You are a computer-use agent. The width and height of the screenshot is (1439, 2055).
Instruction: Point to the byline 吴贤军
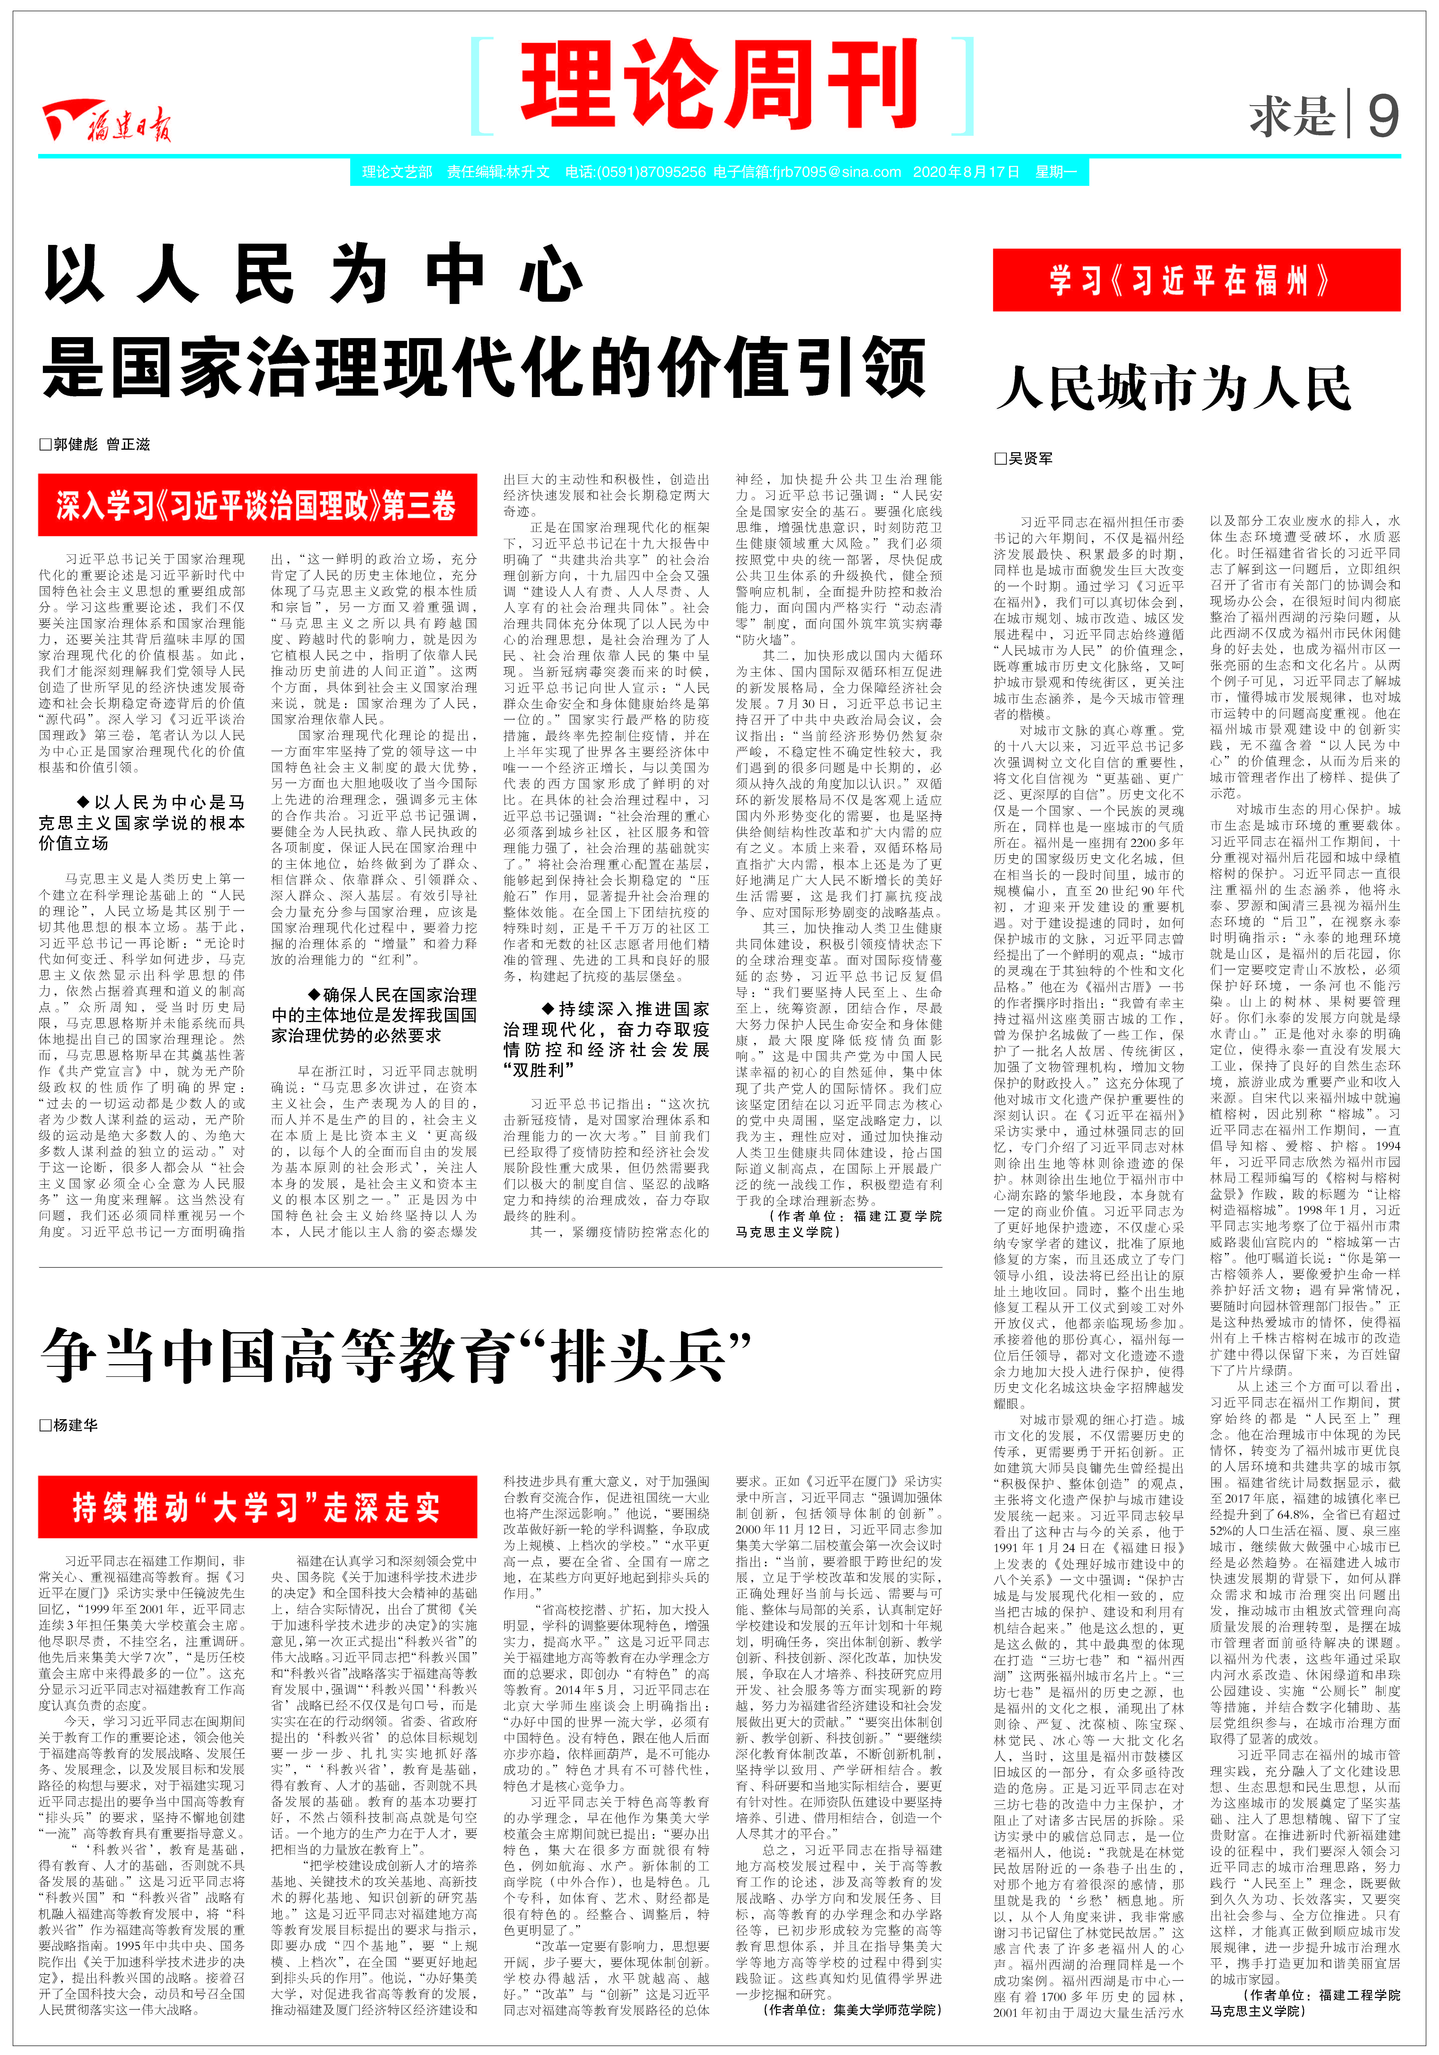click(1023, 458)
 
